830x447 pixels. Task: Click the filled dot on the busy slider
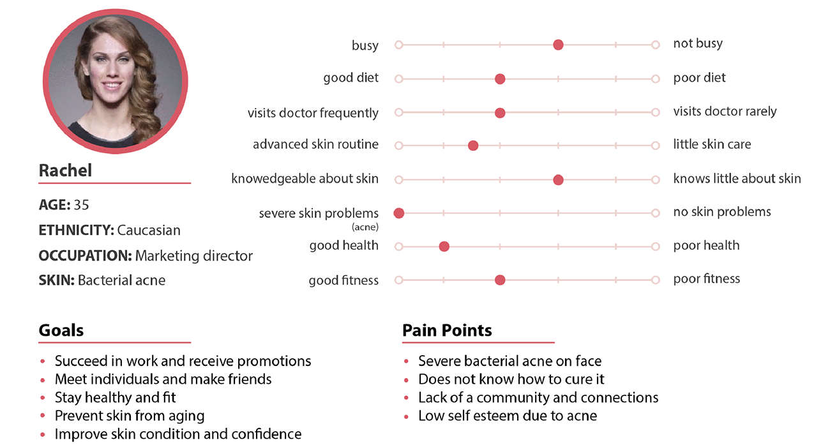click(x=558, y=45)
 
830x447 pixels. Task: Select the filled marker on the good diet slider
click(x=500, y=79)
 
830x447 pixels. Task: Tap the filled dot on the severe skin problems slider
click(x=398, y=213)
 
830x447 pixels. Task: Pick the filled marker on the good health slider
click(x=444, y=246)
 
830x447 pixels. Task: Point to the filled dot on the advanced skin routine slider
click(x=473, y=146)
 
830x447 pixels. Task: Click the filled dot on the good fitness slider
click(x=500, y=280)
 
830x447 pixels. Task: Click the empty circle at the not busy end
click(x=655, y=45)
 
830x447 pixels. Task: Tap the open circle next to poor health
click(x=655, y=246)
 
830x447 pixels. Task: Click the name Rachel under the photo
click(x=65, y=170)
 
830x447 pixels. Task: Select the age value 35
click(x=82, y=205)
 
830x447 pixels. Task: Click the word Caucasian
click(x=149, y=230)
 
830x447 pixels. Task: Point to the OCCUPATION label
click(x=85, y=255)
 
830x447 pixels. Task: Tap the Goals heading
click(x=61, y=330)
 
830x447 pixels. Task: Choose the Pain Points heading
click(x=447, y=330)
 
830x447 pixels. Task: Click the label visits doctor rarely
click(x=725, y=111)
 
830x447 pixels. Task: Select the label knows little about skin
click(x=737, y=178)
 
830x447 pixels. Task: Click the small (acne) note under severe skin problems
click(x=365, y=227)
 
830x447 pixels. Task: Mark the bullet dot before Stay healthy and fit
click(x=43, y=398)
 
